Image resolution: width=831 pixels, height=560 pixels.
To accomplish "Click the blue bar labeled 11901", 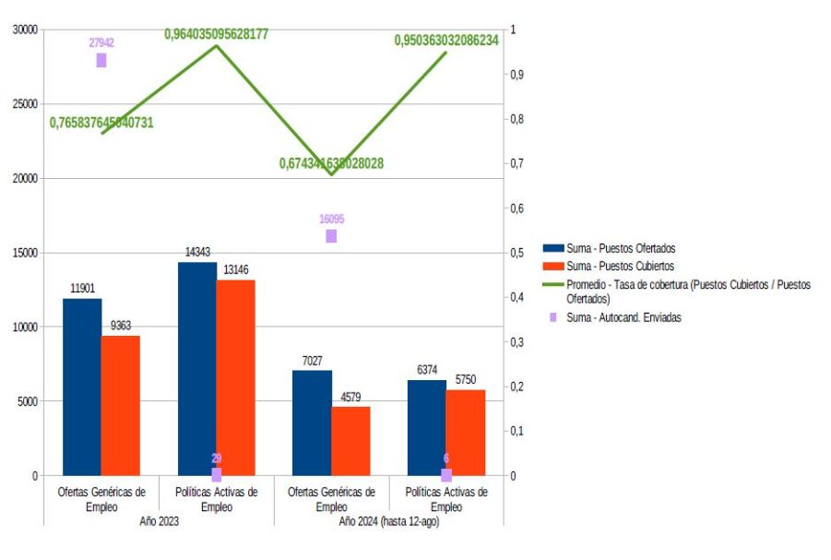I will (82, 387).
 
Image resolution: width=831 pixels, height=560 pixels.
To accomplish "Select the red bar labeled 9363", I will (121, 406).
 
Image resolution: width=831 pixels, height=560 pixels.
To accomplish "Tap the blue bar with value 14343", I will (197, 369).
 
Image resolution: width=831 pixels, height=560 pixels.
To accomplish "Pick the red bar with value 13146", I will (235, 377).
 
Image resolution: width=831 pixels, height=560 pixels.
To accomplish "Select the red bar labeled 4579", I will (350, 441).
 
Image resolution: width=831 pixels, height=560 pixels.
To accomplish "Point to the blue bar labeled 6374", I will (426, 428).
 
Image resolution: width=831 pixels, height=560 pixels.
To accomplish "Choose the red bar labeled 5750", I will (465, 433).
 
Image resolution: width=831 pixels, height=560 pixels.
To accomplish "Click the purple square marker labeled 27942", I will (101, 61).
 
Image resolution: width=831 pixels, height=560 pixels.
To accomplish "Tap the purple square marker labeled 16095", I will (331, 236).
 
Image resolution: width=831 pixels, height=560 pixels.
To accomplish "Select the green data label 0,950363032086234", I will (446, 41).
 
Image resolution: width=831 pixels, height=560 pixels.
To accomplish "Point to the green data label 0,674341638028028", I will (331, 163).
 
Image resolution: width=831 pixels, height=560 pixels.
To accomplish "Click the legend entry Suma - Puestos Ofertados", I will (621, 248).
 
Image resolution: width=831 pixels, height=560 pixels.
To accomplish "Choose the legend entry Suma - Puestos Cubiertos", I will (620, 266).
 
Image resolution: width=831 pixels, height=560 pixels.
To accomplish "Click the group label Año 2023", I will (159, 521).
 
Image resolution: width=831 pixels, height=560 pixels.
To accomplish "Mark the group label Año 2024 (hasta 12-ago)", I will (388, 521).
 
